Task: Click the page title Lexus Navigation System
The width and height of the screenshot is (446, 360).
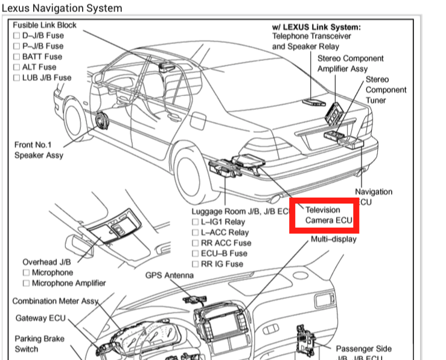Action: [x=62, y=8]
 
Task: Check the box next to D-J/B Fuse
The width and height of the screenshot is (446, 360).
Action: [x=17, y=36]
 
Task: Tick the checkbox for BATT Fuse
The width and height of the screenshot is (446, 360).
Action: [x=17, y=56]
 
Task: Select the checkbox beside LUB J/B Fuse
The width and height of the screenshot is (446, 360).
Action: [x=17, y=77]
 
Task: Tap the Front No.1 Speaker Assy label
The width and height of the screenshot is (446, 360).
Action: [x=39, y=150]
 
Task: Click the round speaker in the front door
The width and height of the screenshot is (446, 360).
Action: [x=101, y=123]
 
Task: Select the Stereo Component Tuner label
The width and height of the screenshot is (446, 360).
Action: [x=386, y=89]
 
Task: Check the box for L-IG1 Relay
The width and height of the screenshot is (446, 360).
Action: [x=196, y=222]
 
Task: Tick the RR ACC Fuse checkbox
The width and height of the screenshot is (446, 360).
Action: [x=196, y=243]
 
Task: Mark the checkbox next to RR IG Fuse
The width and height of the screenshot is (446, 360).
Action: [x=196, y=264]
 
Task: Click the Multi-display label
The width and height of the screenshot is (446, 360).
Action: [x=333, y=239]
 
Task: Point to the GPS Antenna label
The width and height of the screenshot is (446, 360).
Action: [x=170, y=275]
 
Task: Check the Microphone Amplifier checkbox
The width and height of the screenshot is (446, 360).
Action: [x=26, y=283]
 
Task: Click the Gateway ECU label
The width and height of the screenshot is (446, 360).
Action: [x=40, y=318]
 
